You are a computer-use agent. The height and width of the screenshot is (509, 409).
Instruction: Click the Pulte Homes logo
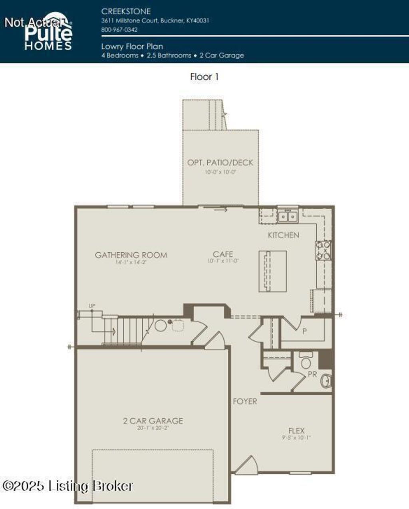click(x=48, y=34)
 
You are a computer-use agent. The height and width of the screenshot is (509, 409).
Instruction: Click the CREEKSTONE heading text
click(x=126, y=11)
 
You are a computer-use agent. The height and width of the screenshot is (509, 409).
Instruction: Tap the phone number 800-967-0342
click(x=119, y=30)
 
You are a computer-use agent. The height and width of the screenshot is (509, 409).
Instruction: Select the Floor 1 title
click(x=204, y=77)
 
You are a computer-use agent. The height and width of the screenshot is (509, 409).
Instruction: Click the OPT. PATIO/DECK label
click(x=220, y=162)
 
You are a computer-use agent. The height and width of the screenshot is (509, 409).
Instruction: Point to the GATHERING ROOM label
click(x=131, y=255)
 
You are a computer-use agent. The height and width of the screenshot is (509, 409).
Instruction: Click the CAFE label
click(x=223, y=254)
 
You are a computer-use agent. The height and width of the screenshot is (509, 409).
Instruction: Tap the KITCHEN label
click(x=283, y=235)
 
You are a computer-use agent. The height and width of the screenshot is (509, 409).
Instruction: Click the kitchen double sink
click(x=288, y=216)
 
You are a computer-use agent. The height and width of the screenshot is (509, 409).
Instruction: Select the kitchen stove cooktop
click(x=324, y=250)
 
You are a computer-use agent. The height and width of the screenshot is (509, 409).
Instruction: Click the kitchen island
click(x=273, y=271)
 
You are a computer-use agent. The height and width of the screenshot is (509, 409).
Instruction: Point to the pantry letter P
click(x=304, y=331)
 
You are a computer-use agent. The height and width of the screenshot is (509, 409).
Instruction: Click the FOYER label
click(x=245, y=401)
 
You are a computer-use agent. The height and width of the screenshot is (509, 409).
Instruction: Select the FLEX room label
click(x=296, y=430)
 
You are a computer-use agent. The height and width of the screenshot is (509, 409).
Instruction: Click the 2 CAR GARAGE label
click(x=153, y=421)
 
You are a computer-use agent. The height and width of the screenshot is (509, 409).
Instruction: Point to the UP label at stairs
click(x=92, y=306)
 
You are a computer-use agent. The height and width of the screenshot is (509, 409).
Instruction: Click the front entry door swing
click(x=246, y=465)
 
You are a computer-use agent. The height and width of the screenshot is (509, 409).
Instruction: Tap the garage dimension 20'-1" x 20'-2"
click(x=153, y=427)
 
